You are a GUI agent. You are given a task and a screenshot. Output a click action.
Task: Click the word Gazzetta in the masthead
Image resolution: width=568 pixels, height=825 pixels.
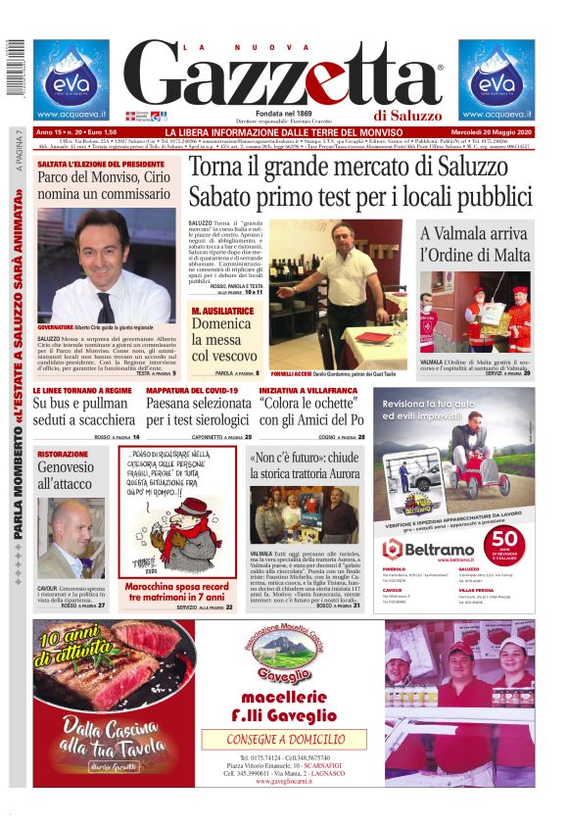[x=284, y=77]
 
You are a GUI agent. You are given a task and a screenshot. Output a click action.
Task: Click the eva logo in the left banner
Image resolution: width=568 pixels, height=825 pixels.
[x=71, y=81]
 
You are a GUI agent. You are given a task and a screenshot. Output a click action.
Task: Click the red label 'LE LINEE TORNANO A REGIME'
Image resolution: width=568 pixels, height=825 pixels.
[x=82, y=390]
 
